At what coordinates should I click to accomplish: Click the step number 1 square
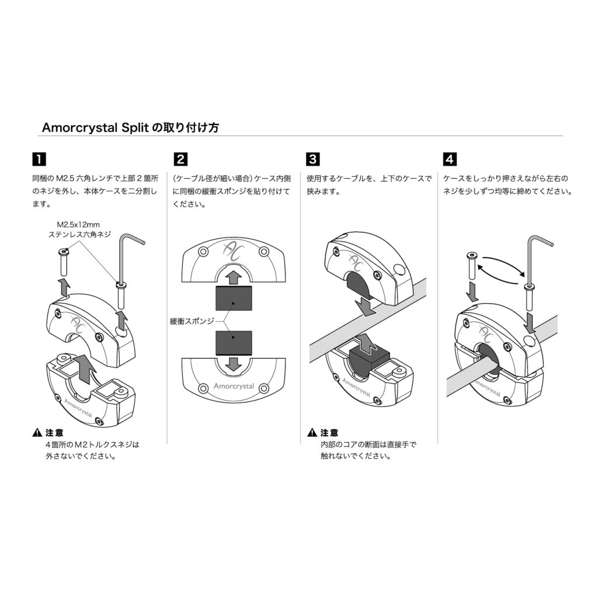click(x=39, y=159)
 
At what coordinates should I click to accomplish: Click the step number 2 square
click(x=180, y=159)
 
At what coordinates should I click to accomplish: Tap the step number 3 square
click(x=313, y=159)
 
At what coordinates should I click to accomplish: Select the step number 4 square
click(x=450, y=159)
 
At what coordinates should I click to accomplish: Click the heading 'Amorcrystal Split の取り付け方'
click(x=130, y=127)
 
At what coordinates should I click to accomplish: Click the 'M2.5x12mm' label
click(x=78, y=225)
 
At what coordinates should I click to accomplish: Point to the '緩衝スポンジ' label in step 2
click(x=192, y=321)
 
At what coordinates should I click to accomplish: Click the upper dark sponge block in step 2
click(x=234, y=298)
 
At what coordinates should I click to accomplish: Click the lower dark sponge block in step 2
click(x=234, y=343)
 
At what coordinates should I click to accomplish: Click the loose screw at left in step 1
click(x=64, y=262)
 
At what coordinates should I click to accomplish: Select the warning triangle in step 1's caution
click(x=37, y=433)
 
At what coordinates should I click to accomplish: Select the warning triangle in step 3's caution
click(x=312, y=433)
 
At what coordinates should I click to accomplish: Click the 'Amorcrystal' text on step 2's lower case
click(x=234, y=386)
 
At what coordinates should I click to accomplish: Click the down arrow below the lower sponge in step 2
click(x=234, y=364)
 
